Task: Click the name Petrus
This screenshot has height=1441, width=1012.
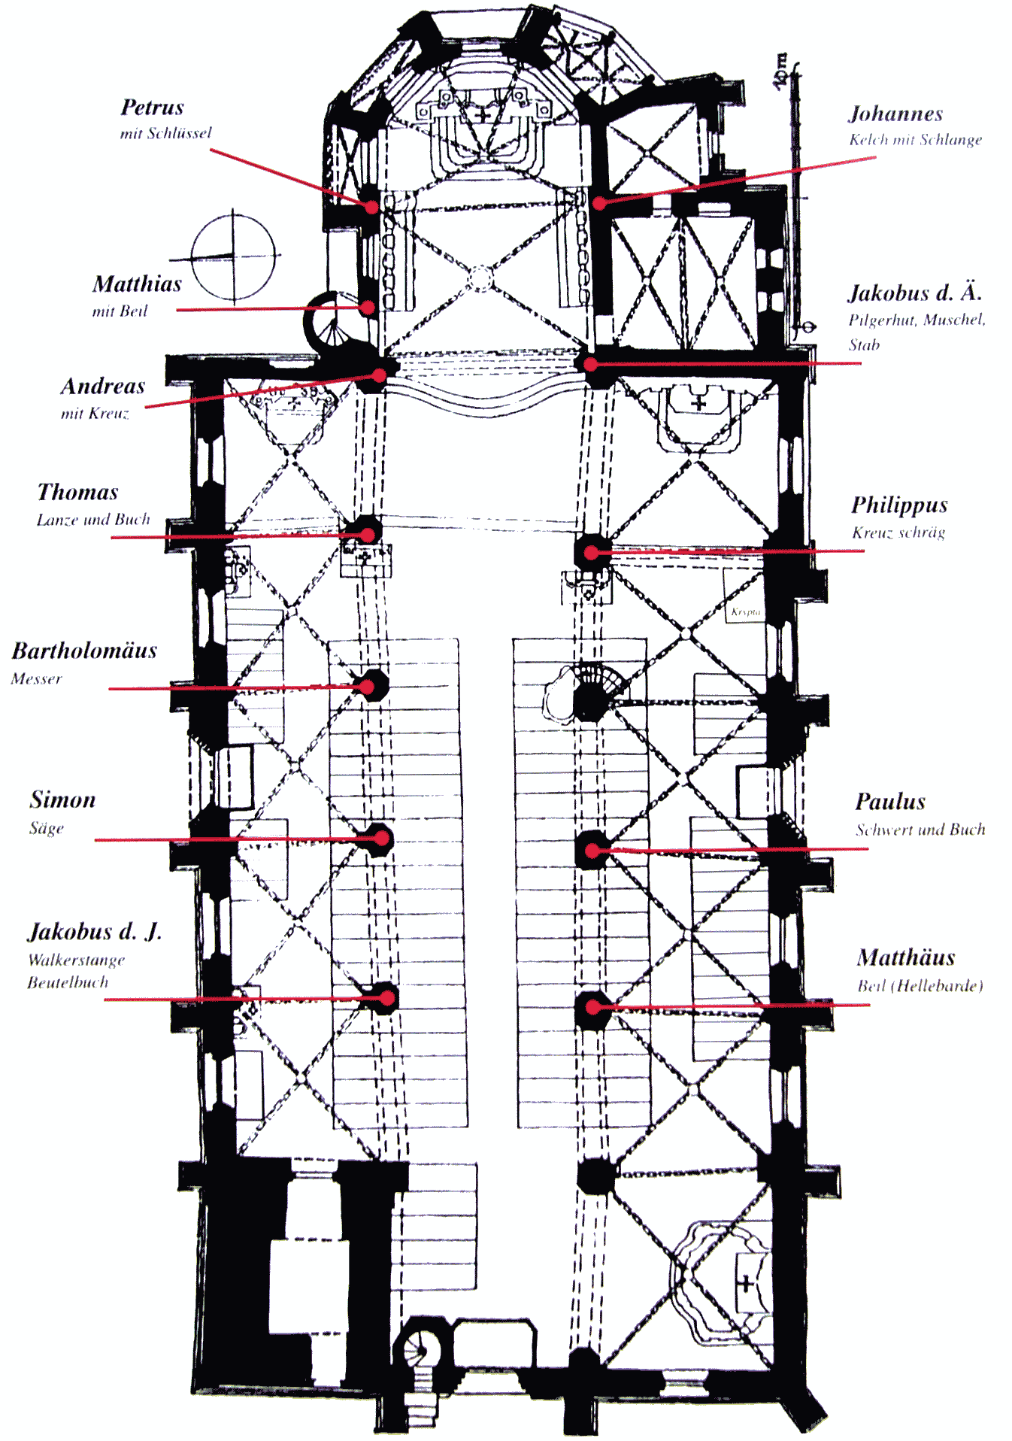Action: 153,108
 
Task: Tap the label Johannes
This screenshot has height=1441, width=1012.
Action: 895,114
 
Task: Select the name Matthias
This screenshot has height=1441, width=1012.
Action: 138,284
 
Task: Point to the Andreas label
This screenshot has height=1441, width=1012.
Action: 103,387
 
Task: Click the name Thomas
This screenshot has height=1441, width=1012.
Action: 78,493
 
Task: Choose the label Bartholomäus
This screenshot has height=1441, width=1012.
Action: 84,651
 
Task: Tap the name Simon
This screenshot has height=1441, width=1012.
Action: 63,799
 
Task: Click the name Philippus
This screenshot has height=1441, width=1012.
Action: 899,505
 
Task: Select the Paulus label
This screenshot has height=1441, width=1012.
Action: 890,802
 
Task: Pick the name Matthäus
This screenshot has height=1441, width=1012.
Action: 906,957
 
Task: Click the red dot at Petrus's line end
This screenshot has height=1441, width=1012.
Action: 371,205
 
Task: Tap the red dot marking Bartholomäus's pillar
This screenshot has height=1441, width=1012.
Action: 368,687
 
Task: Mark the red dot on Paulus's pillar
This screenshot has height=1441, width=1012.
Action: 592,851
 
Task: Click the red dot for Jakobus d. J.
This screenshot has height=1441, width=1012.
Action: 386,998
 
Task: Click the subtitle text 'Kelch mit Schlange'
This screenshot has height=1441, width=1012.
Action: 915,140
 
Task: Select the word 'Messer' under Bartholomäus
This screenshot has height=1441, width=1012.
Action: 36,679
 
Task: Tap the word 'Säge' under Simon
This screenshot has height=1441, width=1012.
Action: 47,829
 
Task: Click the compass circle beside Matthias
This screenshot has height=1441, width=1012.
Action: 233,256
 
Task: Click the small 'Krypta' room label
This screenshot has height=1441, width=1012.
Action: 745,612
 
